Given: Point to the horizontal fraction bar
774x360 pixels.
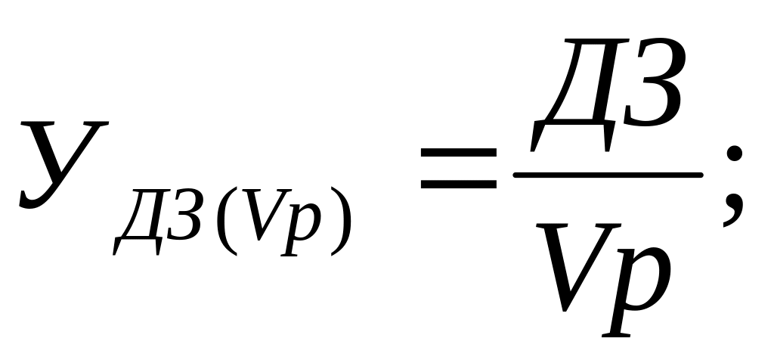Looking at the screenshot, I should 608,173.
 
